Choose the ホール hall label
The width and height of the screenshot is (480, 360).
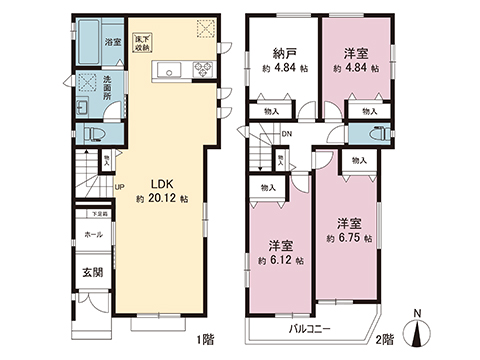(x=93, y=233)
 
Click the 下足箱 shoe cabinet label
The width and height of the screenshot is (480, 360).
(x=102, y=213)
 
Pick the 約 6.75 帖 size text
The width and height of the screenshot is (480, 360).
(x=350, y=240)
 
